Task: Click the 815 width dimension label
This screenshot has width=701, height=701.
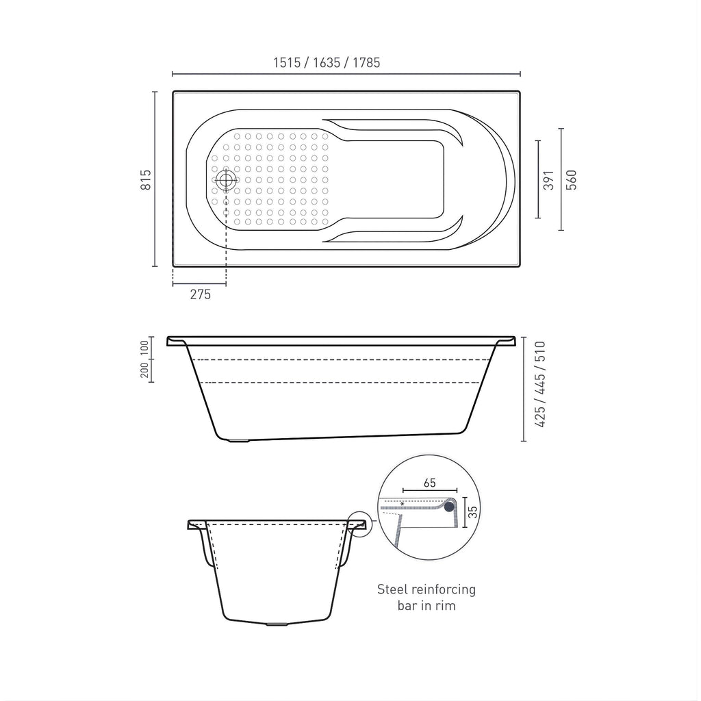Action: (146, 180)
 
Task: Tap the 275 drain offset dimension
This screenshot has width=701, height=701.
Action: (201, 294)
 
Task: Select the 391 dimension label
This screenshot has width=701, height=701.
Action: (548, 180)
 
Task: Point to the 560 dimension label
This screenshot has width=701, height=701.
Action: (572, 180)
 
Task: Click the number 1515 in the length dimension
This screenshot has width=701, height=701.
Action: (287, 62)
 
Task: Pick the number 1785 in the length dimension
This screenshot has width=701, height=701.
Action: (366, 62)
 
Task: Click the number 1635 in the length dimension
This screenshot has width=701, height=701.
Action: (327, 62)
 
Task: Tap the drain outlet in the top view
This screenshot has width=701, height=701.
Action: (226, 180)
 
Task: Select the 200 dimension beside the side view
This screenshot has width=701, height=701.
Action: (144, 370)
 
